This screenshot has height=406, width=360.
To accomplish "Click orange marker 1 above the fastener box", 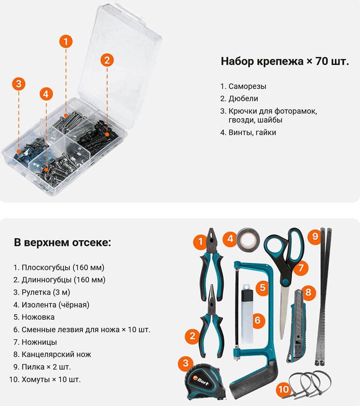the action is coord(66,41).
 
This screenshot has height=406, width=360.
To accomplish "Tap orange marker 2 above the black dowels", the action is coord(107,60).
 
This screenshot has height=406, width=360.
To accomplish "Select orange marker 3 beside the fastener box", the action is coord(18,84).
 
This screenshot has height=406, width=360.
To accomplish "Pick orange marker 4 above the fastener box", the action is coord(46,94).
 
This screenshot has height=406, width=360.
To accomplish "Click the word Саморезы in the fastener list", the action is coord(247,86).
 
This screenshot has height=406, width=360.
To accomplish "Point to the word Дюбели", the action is coord(243,98).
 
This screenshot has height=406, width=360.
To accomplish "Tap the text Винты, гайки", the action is coord(252,133).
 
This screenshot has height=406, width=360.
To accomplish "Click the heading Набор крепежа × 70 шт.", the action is coord(285,61).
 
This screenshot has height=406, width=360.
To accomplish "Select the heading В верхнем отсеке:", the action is coord(63,243).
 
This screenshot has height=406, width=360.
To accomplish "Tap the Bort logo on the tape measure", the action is coord(201,380).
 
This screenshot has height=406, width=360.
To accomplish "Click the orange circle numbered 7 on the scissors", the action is coord(301,268).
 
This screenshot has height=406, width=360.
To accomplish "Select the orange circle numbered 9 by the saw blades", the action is coord(315,236).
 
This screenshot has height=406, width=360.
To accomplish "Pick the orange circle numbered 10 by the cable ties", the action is coord(283,389).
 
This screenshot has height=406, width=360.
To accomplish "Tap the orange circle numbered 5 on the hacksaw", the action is coord(262,287).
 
